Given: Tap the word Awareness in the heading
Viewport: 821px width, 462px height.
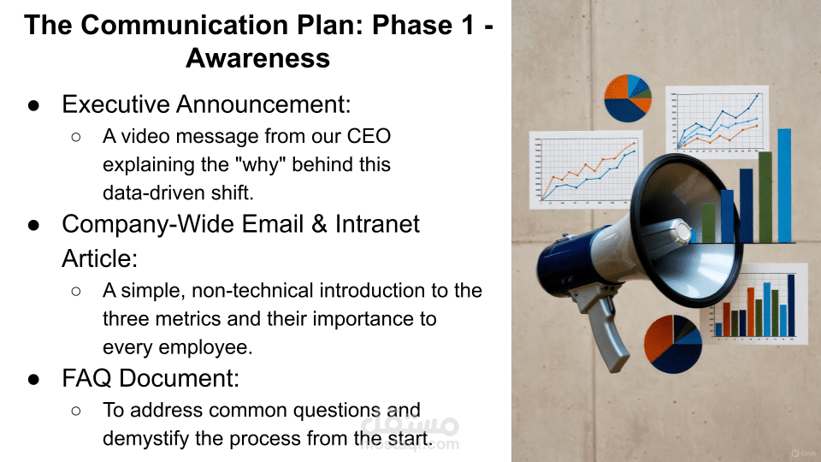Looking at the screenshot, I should coord(257,57).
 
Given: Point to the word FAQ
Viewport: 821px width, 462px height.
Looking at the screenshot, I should coord(87,377).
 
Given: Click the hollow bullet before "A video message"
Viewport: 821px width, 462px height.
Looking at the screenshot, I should coord(75,137).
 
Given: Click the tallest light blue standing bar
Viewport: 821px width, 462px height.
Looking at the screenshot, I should coord(784,185).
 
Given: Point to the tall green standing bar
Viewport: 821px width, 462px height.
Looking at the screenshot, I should coord(765,197).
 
